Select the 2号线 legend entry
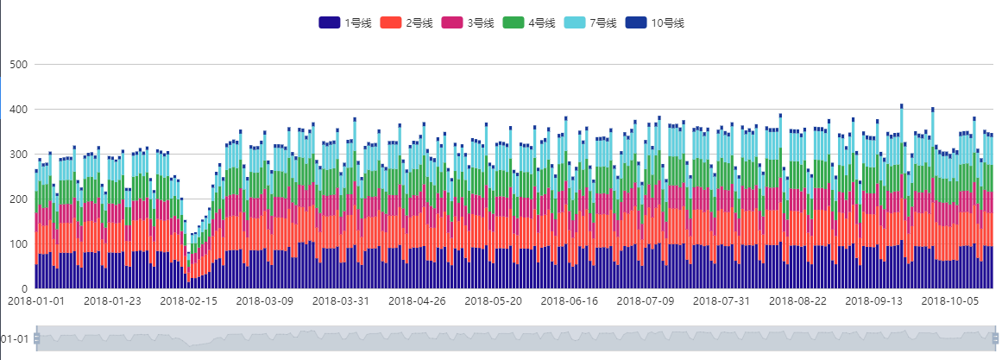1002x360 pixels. click(x=406, y=23)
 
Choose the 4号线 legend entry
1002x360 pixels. click(x=529, y=23)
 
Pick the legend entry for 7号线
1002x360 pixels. click(x=590, y=23)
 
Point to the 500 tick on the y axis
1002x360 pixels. click(x=19, y=65)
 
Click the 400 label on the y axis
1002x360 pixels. click(x=19, y=110)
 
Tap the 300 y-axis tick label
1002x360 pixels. click(x=19, y=155)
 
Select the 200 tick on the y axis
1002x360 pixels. click(x=19, y=199)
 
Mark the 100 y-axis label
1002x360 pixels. click(x=19, y=244)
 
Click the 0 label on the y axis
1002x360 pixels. click(x=25, y=288)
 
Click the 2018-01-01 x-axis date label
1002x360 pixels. click(x=36, y=301)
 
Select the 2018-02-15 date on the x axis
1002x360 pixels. click(x=189, y=301)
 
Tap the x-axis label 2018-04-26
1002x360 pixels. click(x=417, y=301)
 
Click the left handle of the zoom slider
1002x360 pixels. click(x=36, y=338)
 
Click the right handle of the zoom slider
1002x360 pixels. click(x=995, y=338)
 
